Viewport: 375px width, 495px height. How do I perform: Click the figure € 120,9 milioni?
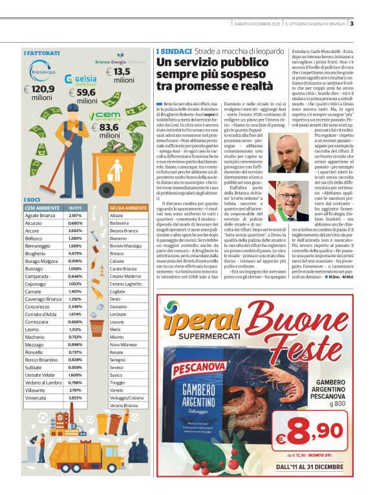click(x=42, y=92)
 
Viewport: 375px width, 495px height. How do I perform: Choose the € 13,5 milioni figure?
click(x=122, y=76)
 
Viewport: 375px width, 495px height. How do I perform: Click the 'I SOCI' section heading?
click(x=32, y=200)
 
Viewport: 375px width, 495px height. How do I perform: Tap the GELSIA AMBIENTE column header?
click(x=128, y=207)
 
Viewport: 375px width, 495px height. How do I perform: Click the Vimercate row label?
click(x=37, y=399)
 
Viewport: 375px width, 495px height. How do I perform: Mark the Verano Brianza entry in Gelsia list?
click(x=124, y=405)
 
